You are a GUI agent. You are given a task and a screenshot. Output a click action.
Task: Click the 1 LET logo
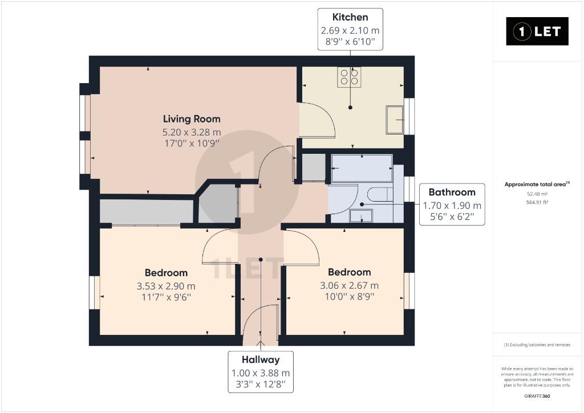click(537, 31)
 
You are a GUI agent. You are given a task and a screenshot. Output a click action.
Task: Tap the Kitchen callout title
click(350, 17)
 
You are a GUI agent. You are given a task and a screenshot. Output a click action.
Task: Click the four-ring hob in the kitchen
click(349, 77)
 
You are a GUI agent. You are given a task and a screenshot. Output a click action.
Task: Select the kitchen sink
click(395, 120)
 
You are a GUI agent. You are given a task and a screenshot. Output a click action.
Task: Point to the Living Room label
click(192, 119)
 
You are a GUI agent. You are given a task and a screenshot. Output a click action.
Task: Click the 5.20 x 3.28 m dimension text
click(192, 132)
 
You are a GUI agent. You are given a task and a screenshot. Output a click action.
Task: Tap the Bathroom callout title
click(452, 193)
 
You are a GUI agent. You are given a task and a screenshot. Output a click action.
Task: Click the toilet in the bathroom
click(379, 195)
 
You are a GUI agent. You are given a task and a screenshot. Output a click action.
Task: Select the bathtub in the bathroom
click(362, 168)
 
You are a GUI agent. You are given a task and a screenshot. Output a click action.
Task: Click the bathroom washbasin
click(361, 216)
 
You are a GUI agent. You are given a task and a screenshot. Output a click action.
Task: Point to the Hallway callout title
click(261, 360)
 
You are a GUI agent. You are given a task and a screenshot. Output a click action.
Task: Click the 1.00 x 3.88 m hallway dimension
click(261, 373)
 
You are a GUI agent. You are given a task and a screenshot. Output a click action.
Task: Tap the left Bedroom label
click(166, 273)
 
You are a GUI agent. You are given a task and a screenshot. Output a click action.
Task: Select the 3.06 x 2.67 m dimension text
click(350, 285)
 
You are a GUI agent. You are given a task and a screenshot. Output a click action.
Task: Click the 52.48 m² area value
click(537, 194)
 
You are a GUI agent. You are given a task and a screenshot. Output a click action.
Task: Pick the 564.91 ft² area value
click(537, 202)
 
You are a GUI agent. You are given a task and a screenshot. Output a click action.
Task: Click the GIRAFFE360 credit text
click(537, 396)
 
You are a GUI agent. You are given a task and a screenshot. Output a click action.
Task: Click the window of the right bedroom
click(409, 291)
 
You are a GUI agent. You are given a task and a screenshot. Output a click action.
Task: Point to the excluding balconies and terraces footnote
click(537, 345)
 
